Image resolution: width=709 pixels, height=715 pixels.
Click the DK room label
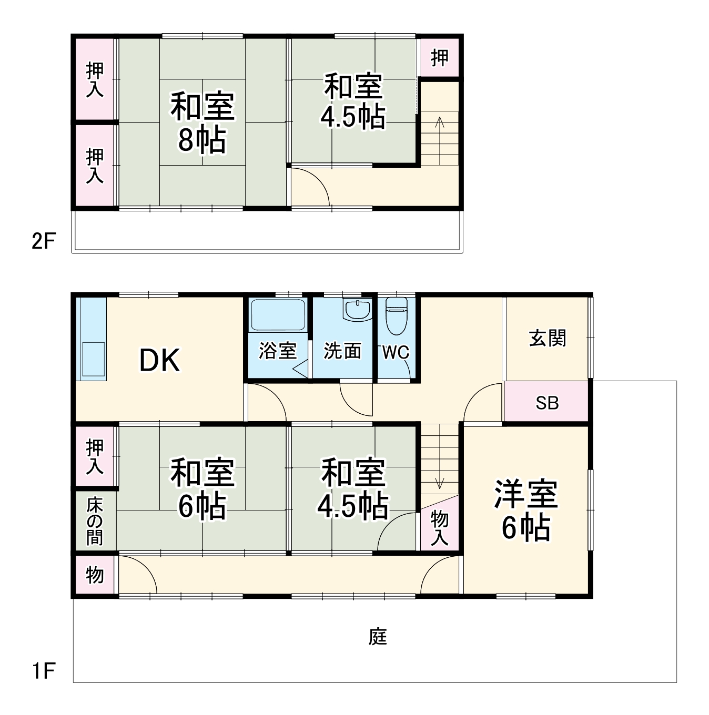pyautogui.click(x=159, y=361)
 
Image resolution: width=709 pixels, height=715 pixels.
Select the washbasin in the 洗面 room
pyautogui.click(x=357, y=310)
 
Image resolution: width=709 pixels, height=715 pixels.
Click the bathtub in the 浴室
pyautogui.click(x=278, y=315)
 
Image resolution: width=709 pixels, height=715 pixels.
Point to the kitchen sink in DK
pyautogui.click(x=93, y=359)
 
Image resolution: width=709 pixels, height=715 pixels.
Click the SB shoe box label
pyautogui.click(x=547, y=403)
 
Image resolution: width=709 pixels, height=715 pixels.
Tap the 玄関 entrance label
pyautogui.click(x=547, y=338)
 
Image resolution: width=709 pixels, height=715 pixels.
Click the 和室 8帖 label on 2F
pyautogui.click(x=202, y=122)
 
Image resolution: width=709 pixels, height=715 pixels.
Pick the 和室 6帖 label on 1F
pyautogui.click(x=202, y=489)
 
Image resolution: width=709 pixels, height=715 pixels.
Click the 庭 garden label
pyautogui.click(x=378, y=637)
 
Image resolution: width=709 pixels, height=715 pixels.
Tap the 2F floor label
pyautogui.click(x=43, y=241)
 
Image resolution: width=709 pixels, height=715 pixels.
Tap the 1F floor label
pyautogui.click(x=43, y=671)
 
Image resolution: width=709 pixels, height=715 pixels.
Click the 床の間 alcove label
pyautogui.click(x=95, y=521)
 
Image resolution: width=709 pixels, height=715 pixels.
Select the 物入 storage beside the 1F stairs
pyautogui.click(x=440, y=527)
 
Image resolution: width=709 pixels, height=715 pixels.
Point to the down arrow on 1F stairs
pyautogui.click(x=439, y=481)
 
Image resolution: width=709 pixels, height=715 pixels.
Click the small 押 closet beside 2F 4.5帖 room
pyautogui.click(x=440, y=58)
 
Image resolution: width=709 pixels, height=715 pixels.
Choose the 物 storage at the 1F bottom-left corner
pyautogui.click(x=95, y=575)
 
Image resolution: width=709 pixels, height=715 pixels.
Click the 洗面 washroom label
pyautogui.click(x=342, y=351)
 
